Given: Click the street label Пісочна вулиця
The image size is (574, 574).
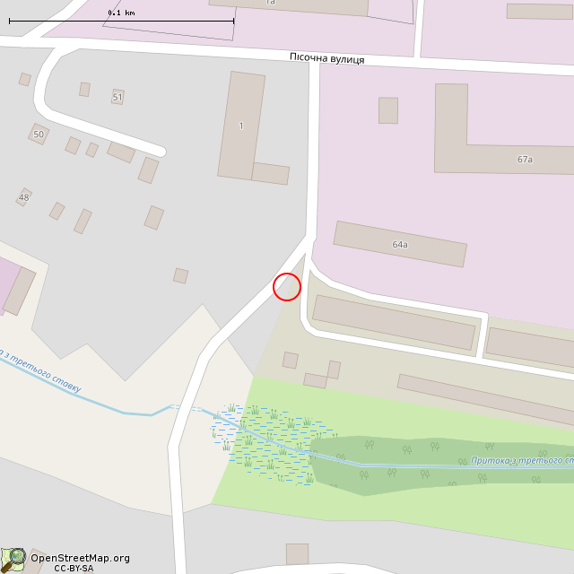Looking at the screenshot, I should pyautogui.click(x=326, y=58).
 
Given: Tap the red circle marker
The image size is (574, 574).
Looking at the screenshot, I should pyautogui.click(x=286, y=287).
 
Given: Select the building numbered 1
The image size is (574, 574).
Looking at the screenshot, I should pyautogui.click(x=241, y=126).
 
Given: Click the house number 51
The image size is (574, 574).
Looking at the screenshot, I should pyautogui.click(x=117, y=97).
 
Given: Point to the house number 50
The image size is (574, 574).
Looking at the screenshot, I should pyautogui.click(x=38, y=135).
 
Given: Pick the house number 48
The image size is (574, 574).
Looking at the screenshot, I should pyautogui.click(x=23, y=197).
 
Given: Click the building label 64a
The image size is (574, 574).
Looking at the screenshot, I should pyautogui.click(x=400, y=244).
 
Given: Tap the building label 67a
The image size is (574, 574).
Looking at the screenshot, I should pyautogui.click(x=525, y=160).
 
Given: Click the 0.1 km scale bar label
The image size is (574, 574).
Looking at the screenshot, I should pyautogui.click(x=121, y=13).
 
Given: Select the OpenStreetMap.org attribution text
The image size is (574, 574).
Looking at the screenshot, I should pyautogui.click(x=80, y=558).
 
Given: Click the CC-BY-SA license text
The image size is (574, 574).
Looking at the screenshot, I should pyautogui.click(x=74, y=568).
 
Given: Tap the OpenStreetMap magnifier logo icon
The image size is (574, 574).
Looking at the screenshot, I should pyautogui.click(x=13, y=558).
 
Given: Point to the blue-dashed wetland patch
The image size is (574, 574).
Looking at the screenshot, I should pyautogui.click(x=265, y=444).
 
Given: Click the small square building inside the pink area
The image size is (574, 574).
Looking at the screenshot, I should pyautogui.click(x=387, y=110).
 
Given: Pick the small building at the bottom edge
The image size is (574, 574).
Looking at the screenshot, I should pyautogui.click(x=297, y=553).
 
